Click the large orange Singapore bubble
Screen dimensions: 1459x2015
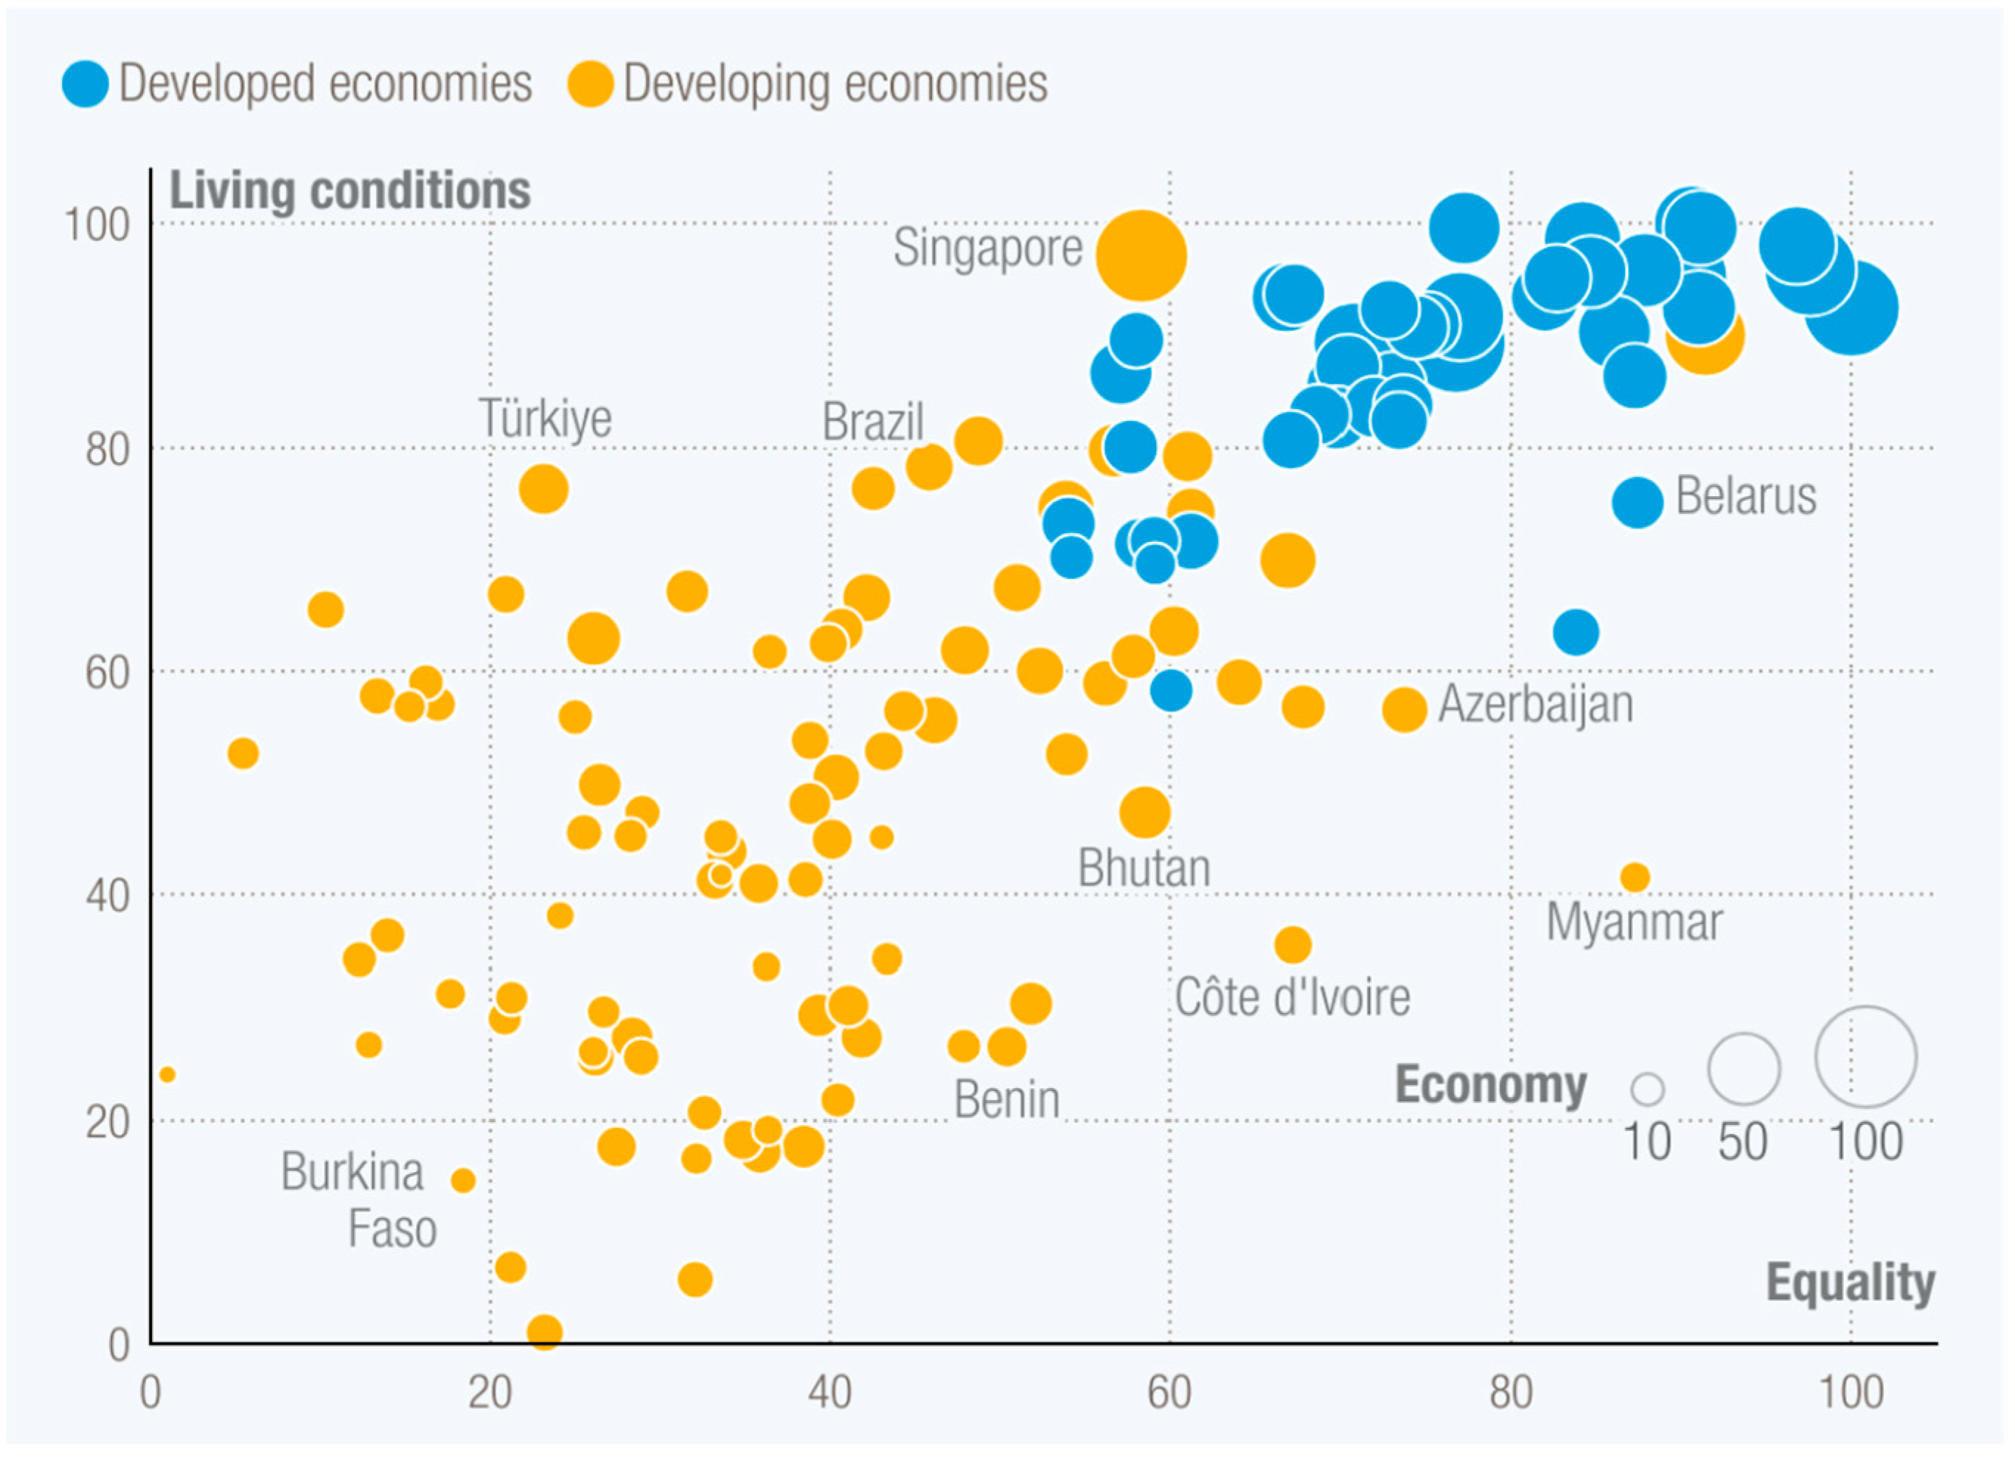click(x=1141, y=256)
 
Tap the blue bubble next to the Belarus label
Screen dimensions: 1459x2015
click(x=1638, y=502)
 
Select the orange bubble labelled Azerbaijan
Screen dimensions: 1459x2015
click(x=1404, y=709)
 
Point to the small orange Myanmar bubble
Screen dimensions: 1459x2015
click(x=1635, y=878)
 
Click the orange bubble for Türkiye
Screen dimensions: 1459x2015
click(x=543, y=489)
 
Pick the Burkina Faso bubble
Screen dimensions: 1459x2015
click(x=463, y=1180)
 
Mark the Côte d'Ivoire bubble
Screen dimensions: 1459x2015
click(x=1292, y=944)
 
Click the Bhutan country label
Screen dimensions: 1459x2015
click(x=1144, y=868)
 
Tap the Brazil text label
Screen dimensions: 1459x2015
click(x=872, y=421)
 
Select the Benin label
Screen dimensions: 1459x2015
click(x=1006, y=1100)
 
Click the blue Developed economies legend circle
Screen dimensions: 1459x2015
click(x=86, y=84)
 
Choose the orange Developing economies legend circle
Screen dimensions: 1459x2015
click(x=591, y=84)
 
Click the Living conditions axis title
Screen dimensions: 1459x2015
click(x=350, y=190)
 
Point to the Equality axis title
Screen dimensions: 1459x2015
click(x=1851, y=1282)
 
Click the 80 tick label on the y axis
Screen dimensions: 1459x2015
click(x=108, y=450)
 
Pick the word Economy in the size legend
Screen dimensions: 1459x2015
click(x=1491, y=1085)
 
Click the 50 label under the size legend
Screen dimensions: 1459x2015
click(x=1742, y=1142)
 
